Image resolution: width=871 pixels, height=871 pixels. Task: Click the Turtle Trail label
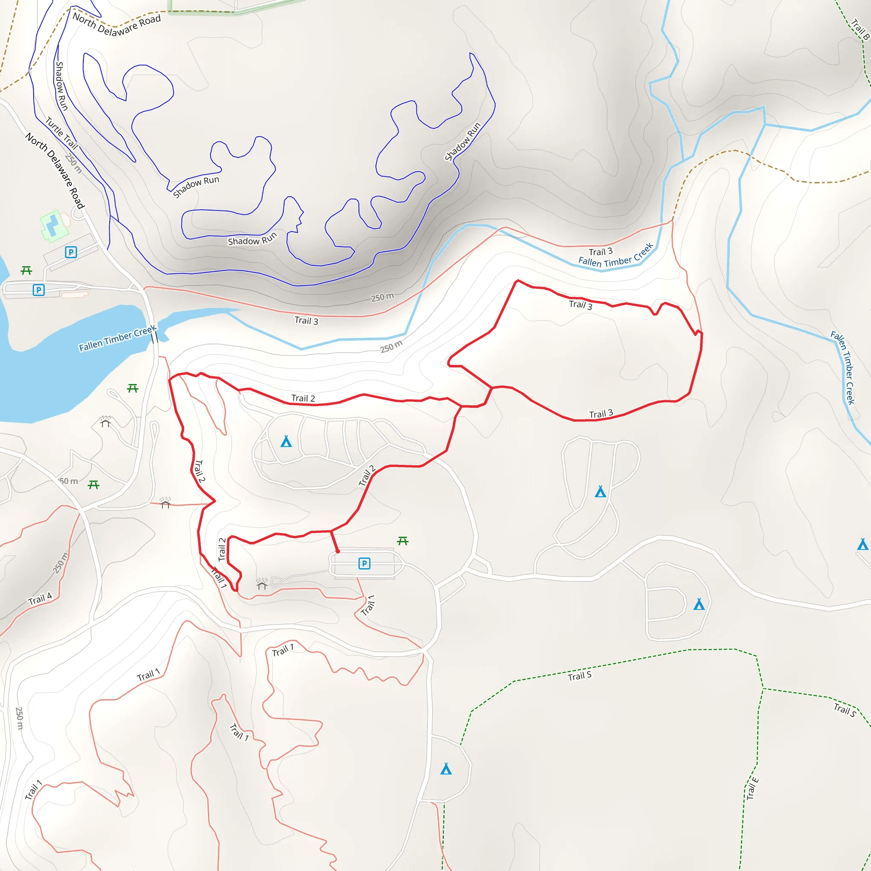tap(62, 133)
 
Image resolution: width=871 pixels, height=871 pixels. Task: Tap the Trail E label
tap(752, 788)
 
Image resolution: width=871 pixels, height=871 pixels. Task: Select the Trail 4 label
tap(40, 599)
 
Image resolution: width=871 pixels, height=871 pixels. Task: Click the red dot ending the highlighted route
tap(338, 551)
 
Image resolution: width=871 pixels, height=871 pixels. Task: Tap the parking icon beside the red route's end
tap(364, 564)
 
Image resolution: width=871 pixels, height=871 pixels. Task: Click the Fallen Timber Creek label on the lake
tap(117, 338)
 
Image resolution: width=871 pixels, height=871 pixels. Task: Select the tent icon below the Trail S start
tap(446, 769)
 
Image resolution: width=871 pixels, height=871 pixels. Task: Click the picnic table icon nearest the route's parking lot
tap(403, 541)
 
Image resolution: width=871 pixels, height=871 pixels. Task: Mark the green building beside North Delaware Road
tap(54, 225)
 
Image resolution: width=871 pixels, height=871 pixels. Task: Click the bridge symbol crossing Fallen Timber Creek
tap(155, 337)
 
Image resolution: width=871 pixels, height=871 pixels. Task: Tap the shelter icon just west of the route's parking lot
tap(262, 584)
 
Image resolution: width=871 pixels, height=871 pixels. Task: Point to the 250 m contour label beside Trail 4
tap(60, 563)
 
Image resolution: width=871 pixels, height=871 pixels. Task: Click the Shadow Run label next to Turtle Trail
tap(61, 86)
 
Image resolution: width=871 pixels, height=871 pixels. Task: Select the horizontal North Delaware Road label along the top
tap(117, 25)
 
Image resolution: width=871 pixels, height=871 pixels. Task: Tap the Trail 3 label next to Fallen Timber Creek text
tap(601, 252)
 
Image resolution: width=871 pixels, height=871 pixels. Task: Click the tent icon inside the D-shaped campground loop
tap(699, 604)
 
